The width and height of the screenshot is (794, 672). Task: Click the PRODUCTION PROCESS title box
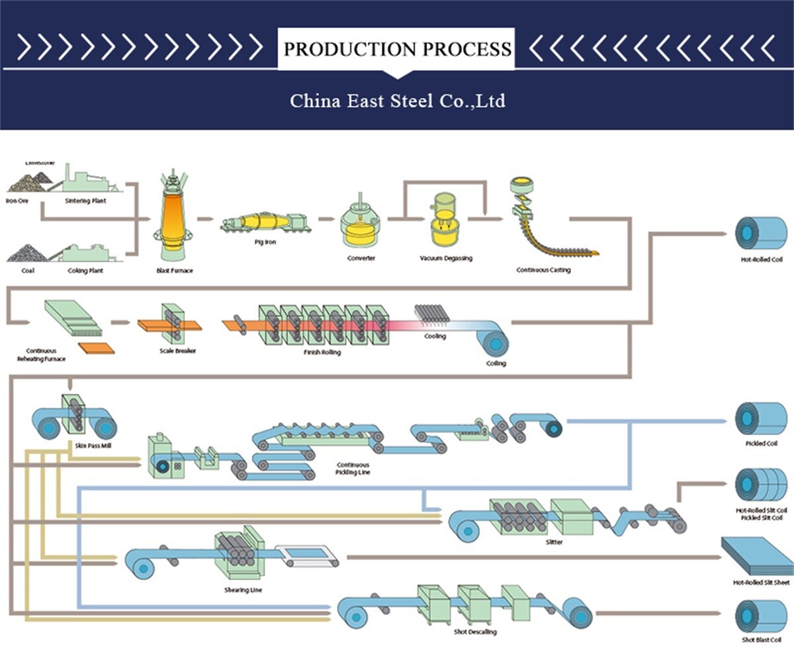[397, 49]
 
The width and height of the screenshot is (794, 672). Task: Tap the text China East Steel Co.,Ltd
[397, 101]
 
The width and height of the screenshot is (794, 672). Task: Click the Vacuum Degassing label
[446, 258]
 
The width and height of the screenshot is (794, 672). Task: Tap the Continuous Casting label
[543, 270]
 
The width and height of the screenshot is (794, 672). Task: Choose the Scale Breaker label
[177, 351]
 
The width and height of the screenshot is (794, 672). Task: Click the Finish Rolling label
[322, 352]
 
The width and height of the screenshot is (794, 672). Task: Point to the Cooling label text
[435, 336]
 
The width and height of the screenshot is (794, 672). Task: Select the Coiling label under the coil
[496, 363]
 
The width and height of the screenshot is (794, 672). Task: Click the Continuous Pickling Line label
[353, 469]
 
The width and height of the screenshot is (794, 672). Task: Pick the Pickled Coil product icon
[761, 418]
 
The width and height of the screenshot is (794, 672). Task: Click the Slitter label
[554, 542]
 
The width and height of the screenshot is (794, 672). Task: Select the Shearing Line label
[243, 590]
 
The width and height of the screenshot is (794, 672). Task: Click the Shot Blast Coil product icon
[761, 616]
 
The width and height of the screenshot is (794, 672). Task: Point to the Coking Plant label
[85, 271]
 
